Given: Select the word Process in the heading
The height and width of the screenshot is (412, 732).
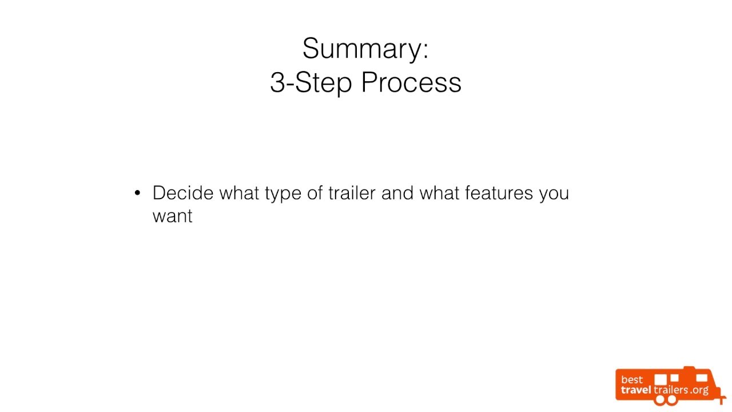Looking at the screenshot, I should pyautogui.click(x=411, y=82).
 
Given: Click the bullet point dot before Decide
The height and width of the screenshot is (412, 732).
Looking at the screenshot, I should pyautogui.click(x=137, y=193).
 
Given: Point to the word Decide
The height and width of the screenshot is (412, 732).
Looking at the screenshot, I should pyautogui.click(x=183, y=193).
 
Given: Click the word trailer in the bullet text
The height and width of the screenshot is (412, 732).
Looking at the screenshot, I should pyautogui.click(x=352, y=193).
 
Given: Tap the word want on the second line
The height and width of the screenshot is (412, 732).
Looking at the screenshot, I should pyautogui.click(x=172, y=216).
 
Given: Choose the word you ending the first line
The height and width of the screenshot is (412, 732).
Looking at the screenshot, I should pyautogui.click(x=554, y=194).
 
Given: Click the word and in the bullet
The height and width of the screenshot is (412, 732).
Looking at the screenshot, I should pyautogui.click(x=397, y=193).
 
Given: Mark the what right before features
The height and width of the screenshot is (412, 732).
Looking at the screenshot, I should pyautogui.click(x=439, y=193).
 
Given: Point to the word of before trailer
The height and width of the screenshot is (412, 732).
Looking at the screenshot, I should pyautogui.click(x=316, y=193).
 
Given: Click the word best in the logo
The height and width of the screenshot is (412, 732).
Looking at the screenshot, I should pyautogui.click(x=632, y=379).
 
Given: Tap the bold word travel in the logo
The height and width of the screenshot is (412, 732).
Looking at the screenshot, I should pyautogui.click(x=636, y=390).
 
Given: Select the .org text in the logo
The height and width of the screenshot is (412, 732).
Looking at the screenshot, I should pyautogui.click(x=699, y=390).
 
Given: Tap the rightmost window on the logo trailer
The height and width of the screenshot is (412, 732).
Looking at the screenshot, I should pyautogui.click(x=698, y=378).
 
